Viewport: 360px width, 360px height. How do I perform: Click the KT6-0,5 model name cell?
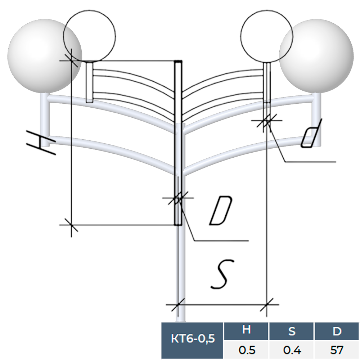193,338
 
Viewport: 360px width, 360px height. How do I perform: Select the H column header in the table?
246,330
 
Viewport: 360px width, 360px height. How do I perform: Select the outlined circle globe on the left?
90,35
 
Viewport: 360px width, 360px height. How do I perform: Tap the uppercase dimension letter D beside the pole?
220,211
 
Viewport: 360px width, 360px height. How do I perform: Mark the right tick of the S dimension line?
267,305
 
